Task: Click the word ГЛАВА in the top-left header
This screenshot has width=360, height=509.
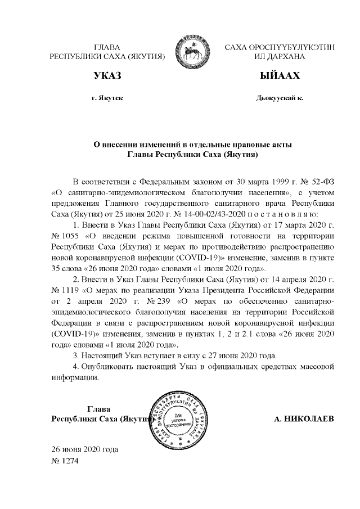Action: pyautogui.click(x=107, y=47)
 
